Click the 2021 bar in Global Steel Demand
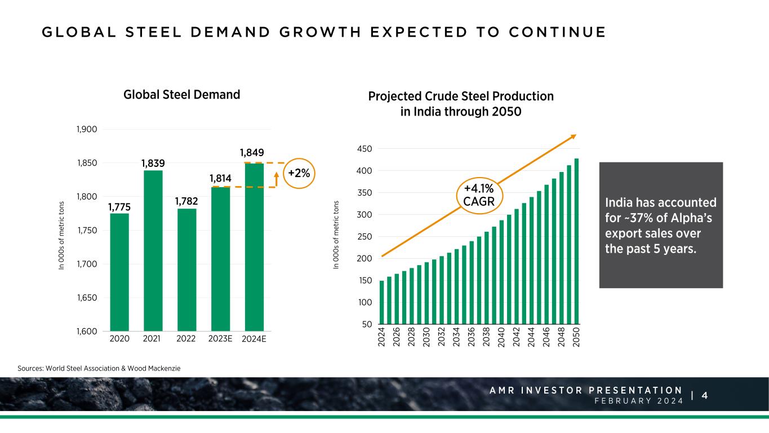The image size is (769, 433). click(x=153, y=250)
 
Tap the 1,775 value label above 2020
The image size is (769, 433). click(x=119, y=207)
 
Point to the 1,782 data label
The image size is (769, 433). click(x=186, y=201)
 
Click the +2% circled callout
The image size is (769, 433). click(x=299, y=173)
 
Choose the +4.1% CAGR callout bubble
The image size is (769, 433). click(x=479, y=195)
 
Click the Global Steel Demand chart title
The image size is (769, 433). click(x=181, y=95)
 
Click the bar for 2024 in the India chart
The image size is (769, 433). click(x=382, y=305)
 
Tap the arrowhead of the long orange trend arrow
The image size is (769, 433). click(x=574, y=136)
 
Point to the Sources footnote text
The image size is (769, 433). click(x=99, y=368)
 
